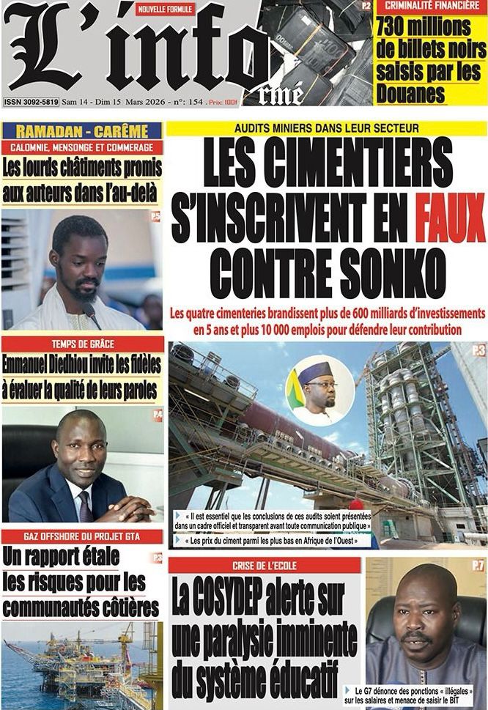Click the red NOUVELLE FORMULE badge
point(166,10)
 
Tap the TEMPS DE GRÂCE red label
point(82,344)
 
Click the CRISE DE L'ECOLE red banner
point(265,566)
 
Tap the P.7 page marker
point(478,565)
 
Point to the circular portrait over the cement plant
point(320,390)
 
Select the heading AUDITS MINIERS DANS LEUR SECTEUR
point(327,127)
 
